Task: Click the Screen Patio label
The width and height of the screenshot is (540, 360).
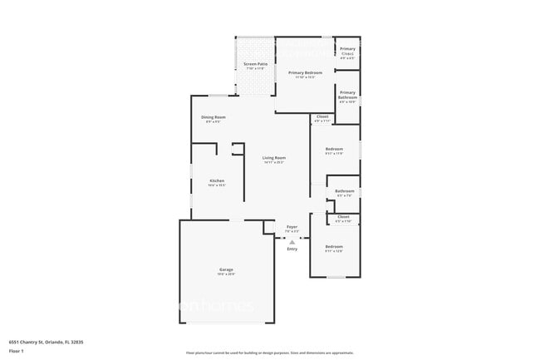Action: (254, 64)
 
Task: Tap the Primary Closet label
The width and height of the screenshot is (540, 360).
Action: (347, 52)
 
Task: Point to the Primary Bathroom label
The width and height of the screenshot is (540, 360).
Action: (347, 95)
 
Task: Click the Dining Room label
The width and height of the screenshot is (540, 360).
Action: (214, 117)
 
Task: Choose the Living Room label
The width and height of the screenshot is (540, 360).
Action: (274, 158)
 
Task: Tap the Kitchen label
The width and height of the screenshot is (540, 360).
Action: (217, 180)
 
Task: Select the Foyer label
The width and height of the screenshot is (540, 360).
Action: (292, 227)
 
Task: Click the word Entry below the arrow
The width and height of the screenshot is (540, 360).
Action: (292, 249)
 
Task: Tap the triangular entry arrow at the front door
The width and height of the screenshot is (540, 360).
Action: (292, 241)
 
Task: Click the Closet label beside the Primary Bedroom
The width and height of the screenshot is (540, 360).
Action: (322, 116)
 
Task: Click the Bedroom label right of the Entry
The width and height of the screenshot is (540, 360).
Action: (334, 247)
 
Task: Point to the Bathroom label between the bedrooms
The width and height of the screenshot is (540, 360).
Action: (344, 191)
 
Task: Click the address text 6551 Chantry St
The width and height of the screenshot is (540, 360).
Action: (47, 342)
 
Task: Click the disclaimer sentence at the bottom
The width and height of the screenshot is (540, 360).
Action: (269, 353)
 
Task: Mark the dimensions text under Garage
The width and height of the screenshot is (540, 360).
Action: (226, 275)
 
